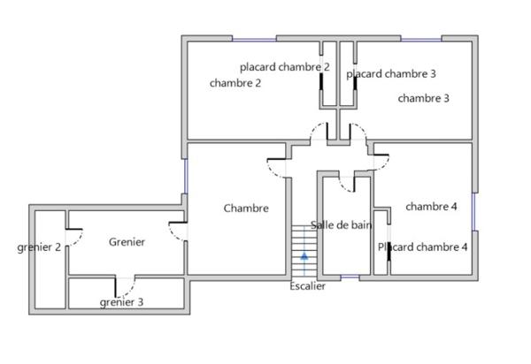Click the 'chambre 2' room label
click(x=235, y=83)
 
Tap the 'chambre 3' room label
click(x=423, y=98)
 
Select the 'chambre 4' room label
click(x=431, y=207)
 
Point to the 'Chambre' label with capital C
click(x=245, y=209)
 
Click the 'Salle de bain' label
click(x=340, y=225)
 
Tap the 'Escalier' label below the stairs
click(x=307, y=286)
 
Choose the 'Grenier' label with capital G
click(x=127, y=241)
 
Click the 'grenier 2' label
click(x=39, y=247)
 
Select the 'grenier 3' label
click(x=121, y=302)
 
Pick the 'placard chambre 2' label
click(x=285, y=67)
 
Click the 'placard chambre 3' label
click(x=390, y=73)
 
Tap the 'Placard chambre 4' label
click(x=423, y=247)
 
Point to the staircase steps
click(x=304, y=243)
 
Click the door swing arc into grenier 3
click(x=126, y=287)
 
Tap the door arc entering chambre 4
click(x=381, y=160)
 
